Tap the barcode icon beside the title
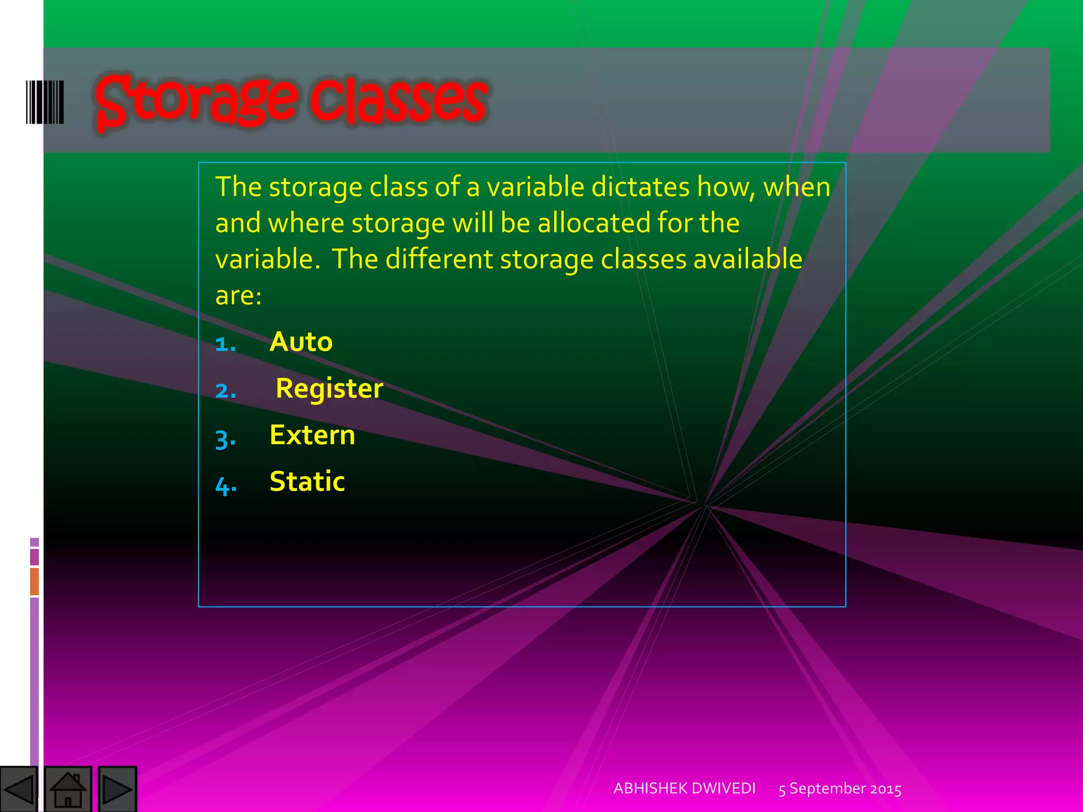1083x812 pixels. point(45,102)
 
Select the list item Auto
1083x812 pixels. point(301,342)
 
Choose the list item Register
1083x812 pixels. point(329,389)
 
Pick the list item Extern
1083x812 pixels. point(312,435)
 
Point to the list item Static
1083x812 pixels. point(307,482)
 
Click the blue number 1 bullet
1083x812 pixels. point(225,345)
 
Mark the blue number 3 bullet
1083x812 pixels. point(225,439)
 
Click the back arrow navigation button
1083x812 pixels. point(19,789)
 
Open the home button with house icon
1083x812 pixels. point(68,789)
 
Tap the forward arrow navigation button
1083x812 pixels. point(117,789)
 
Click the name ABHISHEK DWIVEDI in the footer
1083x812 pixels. point(684,789)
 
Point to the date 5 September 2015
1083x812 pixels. point(840,789)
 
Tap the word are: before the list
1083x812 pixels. point(238,296)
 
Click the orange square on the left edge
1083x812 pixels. point(34,581)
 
